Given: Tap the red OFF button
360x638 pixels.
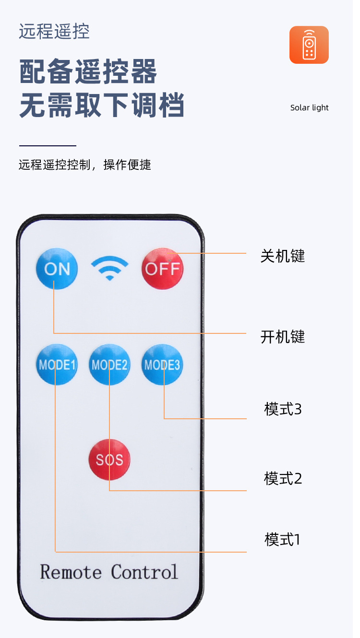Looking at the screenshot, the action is coord(162,269).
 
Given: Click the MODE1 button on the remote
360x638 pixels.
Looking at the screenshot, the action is coord(57,365).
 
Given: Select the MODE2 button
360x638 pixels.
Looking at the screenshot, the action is coord(109,365).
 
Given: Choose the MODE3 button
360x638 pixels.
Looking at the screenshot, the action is coord(162,365).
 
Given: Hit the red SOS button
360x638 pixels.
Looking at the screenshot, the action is coord(109,460).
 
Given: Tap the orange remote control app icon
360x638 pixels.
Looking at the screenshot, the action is coord(309,45).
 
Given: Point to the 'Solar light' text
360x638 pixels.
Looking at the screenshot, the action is coord(309,107).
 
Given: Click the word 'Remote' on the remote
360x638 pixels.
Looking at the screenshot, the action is coord(71,572).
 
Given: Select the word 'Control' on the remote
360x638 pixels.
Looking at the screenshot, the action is coord(144,572).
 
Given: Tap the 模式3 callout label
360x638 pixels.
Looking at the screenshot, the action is coord(283,409).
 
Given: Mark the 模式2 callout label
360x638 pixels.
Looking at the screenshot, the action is coord(283,478).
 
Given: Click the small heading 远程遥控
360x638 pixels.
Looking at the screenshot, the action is coord(54,32).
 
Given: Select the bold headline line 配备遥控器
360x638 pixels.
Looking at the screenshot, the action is coord(88,72).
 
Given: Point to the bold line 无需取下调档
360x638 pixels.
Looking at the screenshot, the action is coord(102,106).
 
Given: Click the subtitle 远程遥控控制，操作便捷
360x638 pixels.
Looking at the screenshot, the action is coord(85,165).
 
